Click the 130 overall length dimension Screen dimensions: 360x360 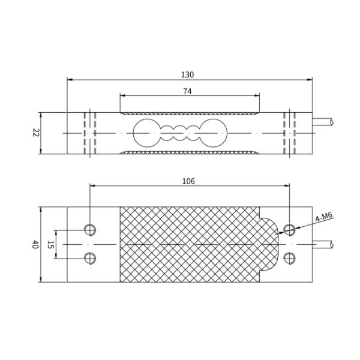187,75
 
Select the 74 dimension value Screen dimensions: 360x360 187,91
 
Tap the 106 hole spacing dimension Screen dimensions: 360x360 188,181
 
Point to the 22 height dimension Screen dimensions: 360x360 35,133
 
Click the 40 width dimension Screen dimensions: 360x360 35,244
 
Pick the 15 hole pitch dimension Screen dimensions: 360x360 50,245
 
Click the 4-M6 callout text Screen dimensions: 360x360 324,217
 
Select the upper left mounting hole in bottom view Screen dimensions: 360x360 90,230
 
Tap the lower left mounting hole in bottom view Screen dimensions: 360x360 90,258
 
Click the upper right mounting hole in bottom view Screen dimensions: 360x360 289,230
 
